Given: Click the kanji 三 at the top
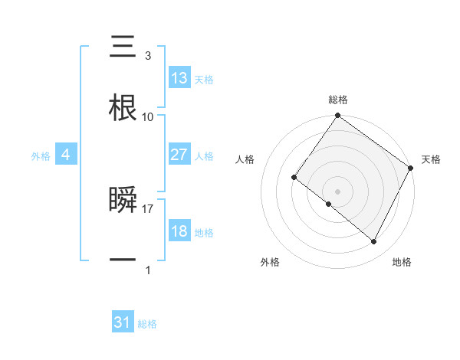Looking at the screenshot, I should [x=123, y=47].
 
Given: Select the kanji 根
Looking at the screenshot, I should [x=123, y=109].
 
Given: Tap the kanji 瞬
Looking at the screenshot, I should [x=123, y=200].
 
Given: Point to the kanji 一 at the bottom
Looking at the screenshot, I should [x=123, y=260].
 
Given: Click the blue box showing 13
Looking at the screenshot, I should [x=179, y=78].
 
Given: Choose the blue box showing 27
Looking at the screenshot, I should [x=179, y=155].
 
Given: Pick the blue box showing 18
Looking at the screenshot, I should [x=179, y=231].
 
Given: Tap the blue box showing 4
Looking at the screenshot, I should [x=66, y=155].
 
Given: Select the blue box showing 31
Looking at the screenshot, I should [x=123, y=322].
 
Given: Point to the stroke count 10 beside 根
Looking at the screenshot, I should [x=148, y=117].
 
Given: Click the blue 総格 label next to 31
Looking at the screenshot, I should [x=147, y=324].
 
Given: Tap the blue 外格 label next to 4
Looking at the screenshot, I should [x=41, y=156].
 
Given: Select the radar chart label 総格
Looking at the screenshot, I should [x=337, y=100].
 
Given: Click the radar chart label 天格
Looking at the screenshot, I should [x=431, y=159].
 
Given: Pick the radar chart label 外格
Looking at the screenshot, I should [x=270, y=263].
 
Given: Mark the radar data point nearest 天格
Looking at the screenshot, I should [x=410, y=168].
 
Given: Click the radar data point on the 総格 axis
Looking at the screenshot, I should [x=337, y=116].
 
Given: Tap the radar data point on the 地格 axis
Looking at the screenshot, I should [x=374, y=242].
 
